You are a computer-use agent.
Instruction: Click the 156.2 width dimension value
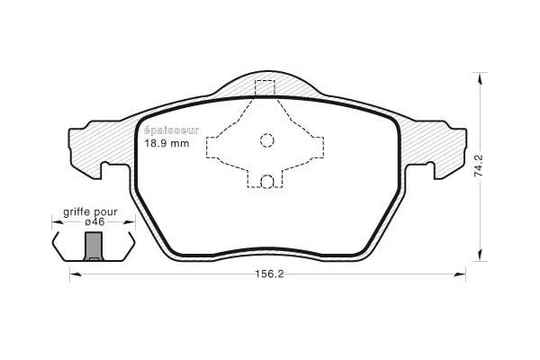269,274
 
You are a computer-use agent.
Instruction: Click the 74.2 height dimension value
479,166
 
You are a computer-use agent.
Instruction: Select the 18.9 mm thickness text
166,143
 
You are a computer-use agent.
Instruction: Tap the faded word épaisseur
171,130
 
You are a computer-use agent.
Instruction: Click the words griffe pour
90,212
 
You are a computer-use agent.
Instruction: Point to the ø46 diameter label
94,222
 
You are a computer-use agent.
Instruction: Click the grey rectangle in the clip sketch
94,246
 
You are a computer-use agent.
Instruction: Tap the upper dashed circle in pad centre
267,140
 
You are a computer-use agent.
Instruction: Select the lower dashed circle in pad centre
267,181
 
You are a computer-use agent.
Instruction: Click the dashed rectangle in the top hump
265,87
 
